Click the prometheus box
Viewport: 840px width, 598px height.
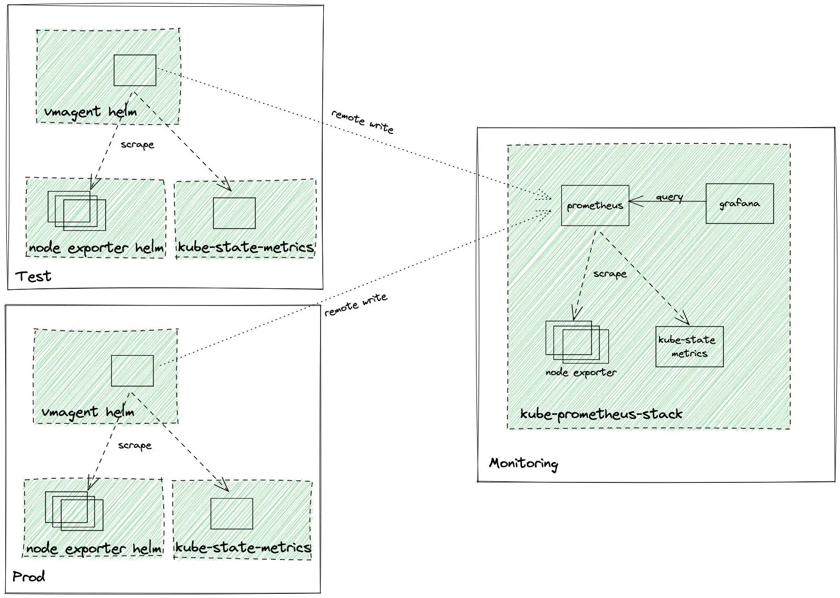point(595,206)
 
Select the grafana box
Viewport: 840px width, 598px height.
point(739,204)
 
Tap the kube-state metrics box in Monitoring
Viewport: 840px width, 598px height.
point(689,346)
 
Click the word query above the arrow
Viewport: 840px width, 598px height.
point(669,197)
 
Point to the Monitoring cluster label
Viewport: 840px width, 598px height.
point(523,464)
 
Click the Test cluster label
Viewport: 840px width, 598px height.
point(33,276)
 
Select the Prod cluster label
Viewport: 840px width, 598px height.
point(29,577)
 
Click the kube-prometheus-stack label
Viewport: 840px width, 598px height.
point(601,414)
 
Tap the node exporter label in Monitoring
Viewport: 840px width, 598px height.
point(581,373)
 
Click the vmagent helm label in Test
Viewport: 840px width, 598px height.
point(90,112)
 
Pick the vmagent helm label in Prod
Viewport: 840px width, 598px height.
point(87,412)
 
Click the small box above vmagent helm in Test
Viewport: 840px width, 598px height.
point(135,70)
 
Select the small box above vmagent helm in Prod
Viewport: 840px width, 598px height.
point(132,371)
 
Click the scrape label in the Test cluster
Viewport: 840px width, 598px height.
point(137,144)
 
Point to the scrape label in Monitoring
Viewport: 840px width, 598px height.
point(609,274)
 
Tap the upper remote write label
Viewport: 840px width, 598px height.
point(362,121)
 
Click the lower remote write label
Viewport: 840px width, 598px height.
point(356,304)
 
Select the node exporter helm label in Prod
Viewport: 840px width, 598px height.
point(94,549)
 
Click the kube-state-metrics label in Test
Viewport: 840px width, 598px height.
point(245,247)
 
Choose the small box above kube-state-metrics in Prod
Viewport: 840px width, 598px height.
point(232,513)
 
